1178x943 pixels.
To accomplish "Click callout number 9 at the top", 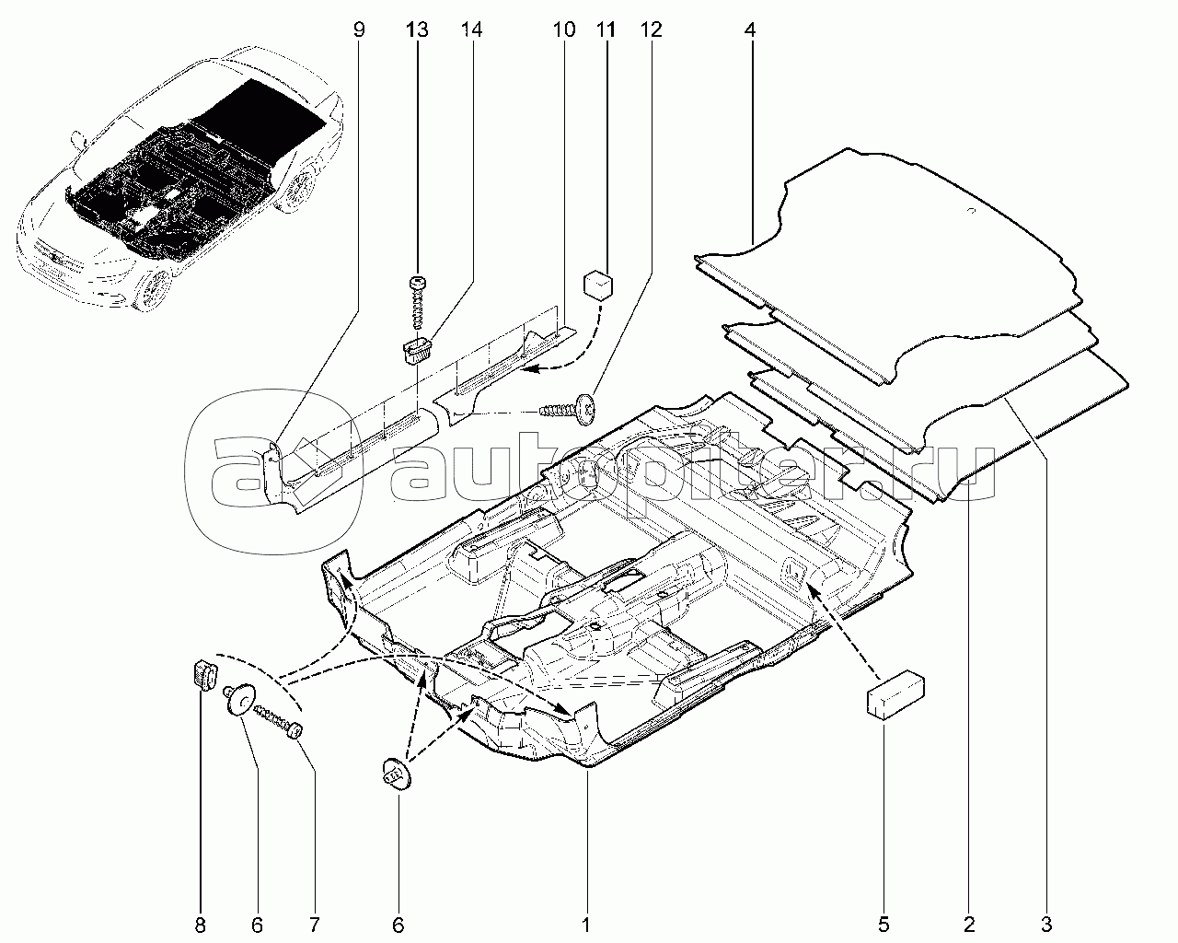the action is [359, 29].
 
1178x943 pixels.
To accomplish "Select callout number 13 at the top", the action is [417, 29].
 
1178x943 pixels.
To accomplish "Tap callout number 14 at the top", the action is [471, 29].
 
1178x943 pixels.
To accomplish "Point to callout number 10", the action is [563, 29].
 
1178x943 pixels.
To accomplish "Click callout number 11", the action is [606, 29].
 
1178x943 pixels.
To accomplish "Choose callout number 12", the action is [651, 29].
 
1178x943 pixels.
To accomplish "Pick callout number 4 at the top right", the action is [750, 29].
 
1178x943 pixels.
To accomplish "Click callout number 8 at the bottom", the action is [201, 926].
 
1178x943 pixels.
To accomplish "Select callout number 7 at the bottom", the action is [314, 926].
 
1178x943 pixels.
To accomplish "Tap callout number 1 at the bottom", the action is [585, 926].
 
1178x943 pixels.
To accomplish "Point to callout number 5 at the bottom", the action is [883, 926].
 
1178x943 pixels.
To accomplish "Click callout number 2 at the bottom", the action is [969, 926].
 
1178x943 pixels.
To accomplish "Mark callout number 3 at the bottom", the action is [1046, 926].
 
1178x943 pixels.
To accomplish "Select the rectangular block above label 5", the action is [895, 693].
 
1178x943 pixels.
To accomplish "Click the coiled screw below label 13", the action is [418, 302].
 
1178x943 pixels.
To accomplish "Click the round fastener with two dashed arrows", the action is [396, 774].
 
